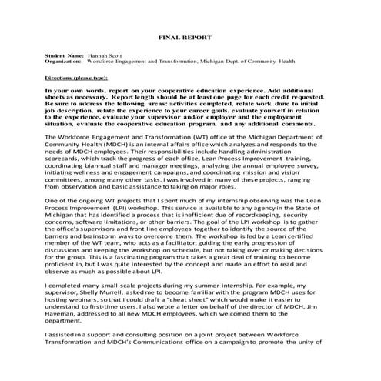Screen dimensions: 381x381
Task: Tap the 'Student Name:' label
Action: [x=65, y=56]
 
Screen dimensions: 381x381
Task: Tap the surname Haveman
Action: [x=62, y=333]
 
